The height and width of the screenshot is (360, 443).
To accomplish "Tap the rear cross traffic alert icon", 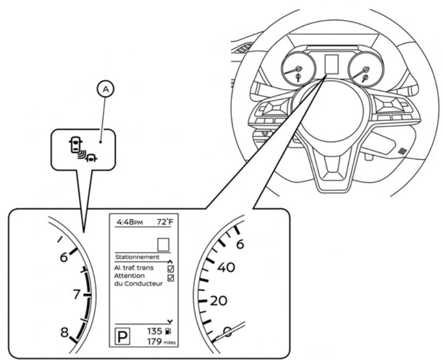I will pos(80,149).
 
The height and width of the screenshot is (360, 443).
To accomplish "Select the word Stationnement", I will pos(138,257).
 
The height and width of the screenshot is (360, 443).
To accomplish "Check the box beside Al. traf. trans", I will pos(171,268).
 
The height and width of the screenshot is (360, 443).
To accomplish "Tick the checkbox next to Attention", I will pos(171,278).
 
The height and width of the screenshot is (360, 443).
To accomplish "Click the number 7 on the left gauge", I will pos(76,295).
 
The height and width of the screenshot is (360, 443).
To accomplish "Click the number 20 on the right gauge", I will pos(218,301).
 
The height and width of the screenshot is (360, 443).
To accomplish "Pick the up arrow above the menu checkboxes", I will pos(172,260).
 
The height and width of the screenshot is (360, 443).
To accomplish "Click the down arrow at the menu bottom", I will pos(172,321).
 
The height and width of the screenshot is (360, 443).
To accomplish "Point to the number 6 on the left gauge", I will pos(64,258).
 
